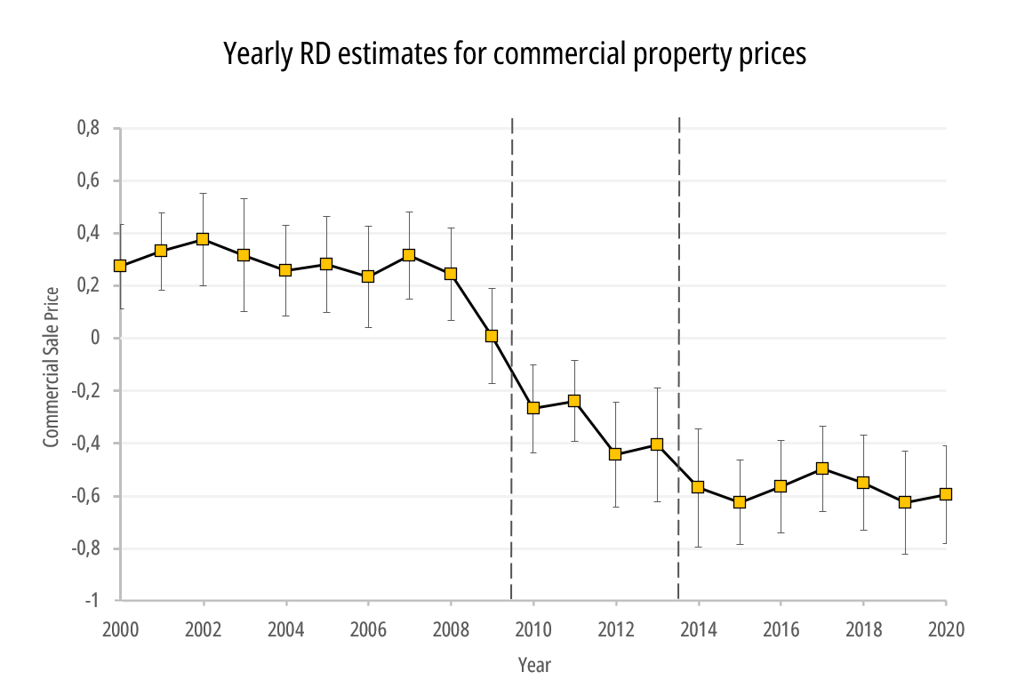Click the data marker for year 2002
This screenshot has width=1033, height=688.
click(x=203, y=239)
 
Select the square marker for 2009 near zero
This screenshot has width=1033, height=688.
click(x=492, y=336)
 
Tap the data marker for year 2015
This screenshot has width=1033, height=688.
click(x=740, y=502)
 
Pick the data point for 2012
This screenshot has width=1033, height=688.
click(x=615, y=454)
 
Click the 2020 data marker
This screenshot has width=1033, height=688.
click(x=946, y=494)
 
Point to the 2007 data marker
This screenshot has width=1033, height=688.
click(x=409, y=255)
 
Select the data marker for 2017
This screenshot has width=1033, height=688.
click(x=822, y=468)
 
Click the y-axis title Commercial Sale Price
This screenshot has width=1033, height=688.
click(x=52, y=365)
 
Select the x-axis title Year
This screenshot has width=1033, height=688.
click(x=534, y=665)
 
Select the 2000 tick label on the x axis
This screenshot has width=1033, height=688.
click(x=120, y=629)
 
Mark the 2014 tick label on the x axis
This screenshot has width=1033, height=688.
click(x=699, y=629)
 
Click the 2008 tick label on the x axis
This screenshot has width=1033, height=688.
click(x=451, y=629)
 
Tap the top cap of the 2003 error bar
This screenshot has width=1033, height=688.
click(x=244, y=199)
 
